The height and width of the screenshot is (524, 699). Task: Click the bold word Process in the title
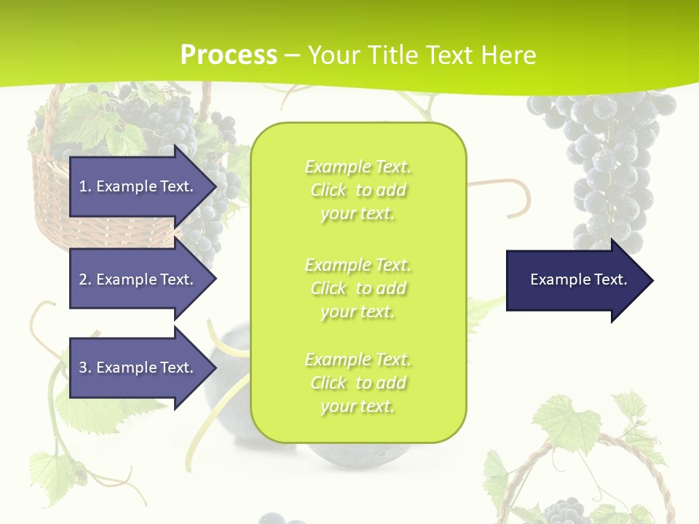229,55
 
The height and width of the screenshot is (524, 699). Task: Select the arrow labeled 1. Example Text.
138,186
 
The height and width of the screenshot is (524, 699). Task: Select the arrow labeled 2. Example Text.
138,279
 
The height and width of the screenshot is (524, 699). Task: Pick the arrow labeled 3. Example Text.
138,368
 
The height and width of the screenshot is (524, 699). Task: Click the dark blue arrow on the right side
575,279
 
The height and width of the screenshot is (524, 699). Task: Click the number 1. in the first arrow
85,186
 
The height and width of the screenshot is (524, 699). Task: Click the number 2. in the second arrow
85,279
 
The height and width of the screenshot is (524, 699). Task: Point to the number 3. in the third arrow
85,368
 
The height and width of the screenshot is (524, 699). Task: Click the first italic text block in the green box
358,190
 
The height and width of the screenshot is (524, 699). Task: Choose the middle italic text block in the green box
358,288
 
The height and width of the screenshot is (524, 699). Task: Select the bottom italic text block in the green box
358,383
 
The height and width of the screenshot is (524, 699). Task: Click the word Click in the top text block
328,190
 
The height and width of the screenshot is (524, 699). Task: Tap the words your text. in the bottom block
358,406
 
